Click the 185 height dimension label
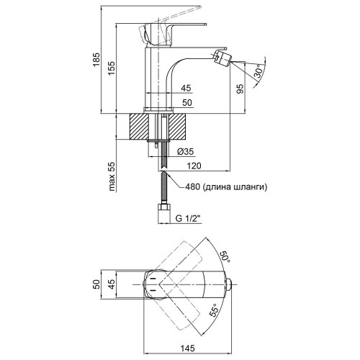(x=96, y=60)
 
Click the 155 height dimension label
(x=112, y=68)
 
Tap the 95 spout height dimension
(x=240, y=89)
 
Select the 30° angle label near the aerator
(x=259, y=71)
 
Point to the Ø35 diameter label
(x=185, y=151)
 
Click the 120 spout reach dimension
(x=194, y=166)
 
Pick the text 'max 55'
(x=112, y=176)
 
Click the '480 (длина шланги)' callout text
(x=226, y=186)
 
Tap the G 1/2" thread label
(x=188, y=218)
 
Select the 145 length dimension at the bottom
(x=188, y=348)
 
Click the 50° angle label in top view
(x=225, y=257)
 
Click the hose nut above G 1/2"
(x=163, y=207)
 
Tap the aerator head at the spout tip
(x=222, y=58)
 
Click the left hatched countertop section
(x=139, y=126)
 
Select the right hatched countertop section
(x=177, y=126)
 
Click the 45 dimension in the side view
(x=186, y=88)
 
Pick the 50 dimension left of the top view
(x=96, y=284)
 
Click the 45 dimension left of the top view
(x=112, y=284)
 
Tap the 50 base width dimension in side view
(x=187, y=102)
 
